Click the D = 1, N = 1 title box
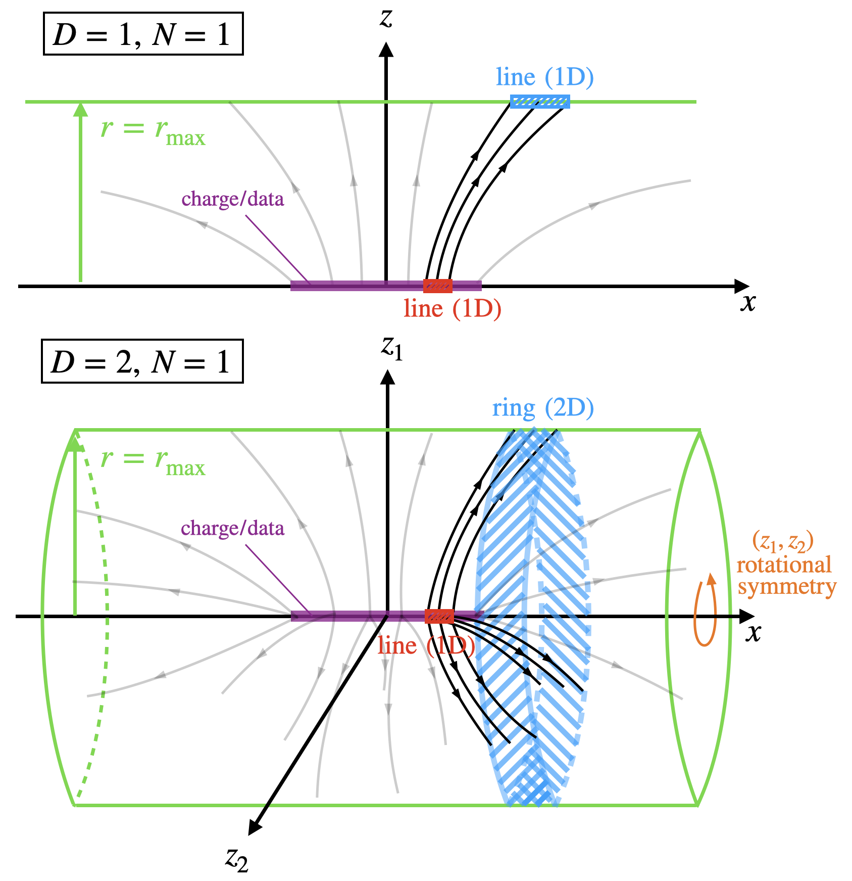143,34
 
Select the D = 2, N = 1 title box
142,361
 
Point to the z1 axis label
392,348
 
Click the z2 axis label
237,859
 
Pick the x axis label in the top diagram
748,303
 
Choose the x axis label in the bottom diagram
753,633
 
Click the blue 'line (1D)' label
544,77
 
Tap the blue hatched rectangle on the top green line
539,102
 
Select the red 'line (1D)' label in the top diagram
452,308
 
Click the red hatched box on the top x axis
437,286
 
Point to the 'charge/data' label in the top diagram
233,199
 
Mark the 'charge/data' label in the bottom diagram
232,529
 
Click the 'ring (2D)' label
543,408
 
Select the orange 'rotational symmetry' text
784,576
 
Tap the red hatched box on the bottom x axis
439,617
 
